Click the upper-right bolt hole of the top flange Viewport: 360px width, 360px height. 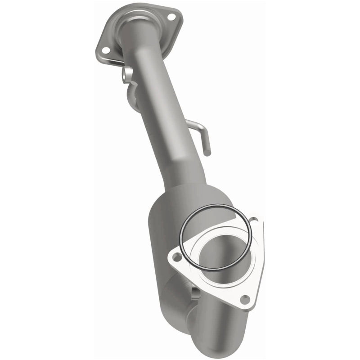tap(172, 17)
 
